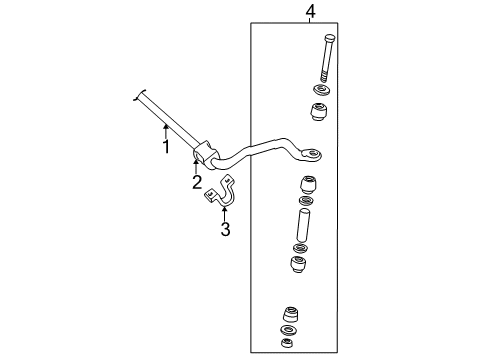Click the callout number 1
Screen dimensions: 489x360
[x=166, y=148]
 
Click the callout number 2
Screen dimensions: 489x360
[x=197, y=181]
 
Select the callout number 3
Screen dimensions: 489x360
[x=225, y=230]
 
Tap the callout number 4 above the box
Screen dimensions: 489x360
[x=310, y=11]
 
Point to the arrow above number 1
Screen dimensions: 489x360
[x=166, y=129]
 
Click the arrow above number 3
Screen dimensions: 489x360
[x=225, y=211]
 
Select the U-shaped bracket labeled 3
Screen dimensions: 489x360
[x=221, y=194]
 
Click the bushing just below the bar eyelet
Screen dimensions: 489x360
[x=309, y=186]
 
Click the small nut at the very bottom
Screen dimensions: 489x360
[x=285, y=344]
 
